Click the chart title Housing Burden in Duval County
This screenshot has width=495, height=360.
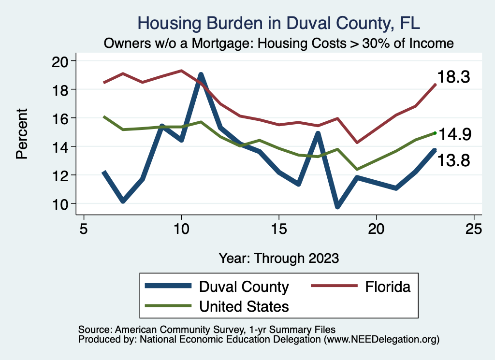[x=279, y=23]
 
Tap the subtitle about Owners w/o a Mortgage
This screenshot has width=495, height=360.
[x=279, y=43]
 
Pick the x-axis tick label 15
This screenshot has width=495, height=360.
[x=279, y=229]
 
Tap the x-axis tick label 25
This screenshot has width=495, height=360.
[x=474, y=229]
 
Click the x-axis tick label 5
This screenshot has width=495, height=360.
[x=84, y=229]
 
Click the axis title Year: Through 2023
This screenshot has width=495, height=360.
[x=279, y=258]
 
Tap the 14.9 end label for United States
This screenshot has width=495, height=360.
[x=453, y=134]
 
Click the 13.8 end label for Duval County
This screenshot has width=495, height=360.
[x=453, y=160]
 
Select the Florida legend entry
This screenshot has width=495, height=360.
[x=360, y=287]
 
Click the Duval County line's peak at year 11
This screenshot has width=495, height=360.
[x=201, y=75]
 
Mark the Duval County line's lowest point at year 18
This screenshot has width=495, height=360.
[x=337, y=206]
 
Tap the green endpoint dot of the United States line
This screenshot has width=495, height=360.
[x=435, y=133]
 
